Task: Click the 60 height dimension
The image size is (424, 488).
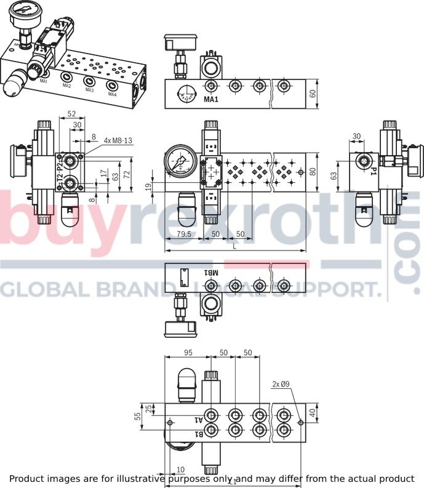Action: [x=313, y=94]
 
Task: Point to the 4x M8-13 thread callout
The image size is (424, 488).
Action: [x=118, y=140]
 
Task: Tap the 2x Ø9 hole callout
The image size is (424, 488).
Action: [x=281, y=385]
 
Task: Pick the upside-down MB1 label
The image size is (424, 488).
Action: [x=211, y=273]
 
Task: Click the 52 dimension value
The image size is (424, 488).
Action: [x=71, y=114]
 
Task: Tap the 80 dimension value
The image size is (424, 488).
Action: [x=312, y=172]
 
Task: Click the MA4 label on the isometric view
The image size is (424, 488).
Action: [x=112, y=94]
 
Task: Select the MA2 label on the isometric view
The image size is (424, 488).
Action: [x=66, y=86]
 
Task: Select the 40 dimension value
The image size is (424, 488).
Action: [x=312, y=415]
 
